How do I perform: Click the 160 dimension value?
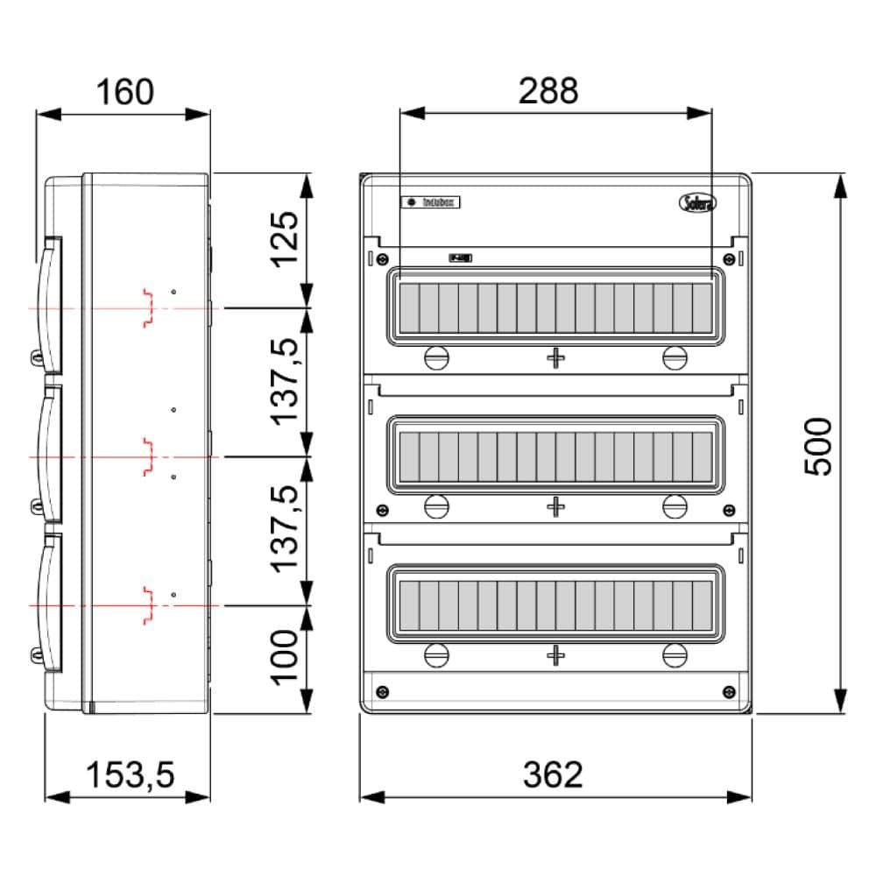click(124, 92)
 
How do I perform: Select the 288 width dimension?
click(548, 90)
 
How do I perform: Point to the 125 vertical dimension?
click(285, 240)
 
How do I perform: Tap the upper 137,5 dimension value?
click(285, 382)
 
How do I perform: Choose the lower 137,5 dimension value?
click(285, 530)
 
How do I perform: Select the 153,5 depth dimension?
click(131, 774)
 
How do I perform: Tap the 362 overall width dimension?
click(553, 774)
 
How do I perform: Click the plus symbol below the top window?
click(555, 357)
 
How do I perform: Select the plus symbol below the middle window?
click(555, 506)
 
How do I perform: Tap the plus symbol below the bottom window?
click(555, 654)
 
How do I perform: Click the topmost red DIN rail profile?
click(148, 307)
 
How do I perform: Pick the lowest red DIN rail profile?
click(148, 604)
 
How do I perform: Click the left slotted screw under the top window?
click(435, 357)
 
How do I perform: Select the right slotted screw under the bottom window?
click(674, 654)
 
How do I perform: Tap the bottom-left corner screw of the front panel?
click(382, 692)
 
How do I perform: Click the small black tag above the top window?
click(460, 258)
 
